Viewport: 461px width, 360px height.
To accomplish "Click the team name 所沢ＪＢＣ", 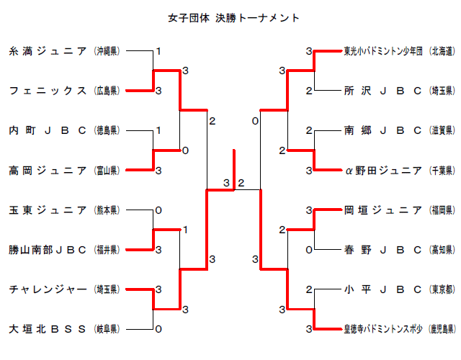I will point(382,91).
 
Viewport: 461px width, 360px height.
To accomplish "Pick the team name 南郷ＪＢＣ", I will point(382,130).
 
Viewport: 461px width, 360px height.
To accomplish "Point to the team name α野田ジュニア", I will point(382,171).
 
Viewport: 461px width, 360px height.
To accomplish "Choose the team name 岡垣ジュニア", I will point(382,210).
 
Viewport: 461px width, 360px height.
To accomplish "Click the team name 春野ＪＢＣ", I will point(382,250).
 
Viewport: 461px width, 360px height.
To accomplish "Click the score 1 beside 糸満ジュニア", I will point(158,51).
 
